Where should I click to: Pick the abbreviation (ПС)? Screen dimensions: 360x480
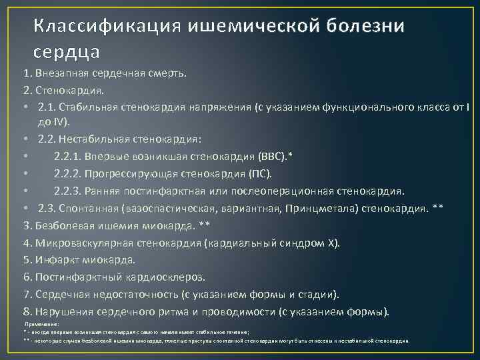261,174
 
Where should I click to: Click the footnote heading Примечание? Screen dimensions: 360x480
42,323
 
